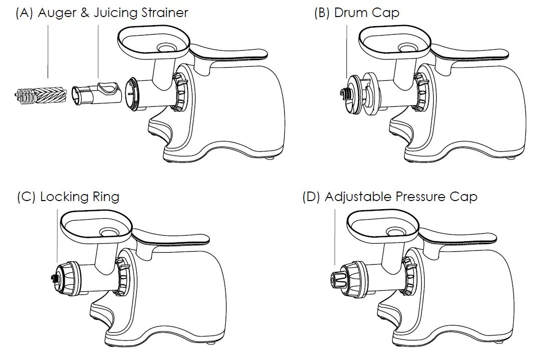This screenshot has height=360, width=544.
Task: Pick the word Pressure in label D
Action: click(420, 197)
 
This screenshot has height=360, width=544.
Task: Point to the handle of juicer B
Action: click(476, 53)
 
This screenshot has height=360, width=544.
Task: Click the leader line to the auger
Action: click(48, 50)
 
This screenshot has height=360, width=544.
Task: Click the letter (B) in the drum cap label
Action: click(321, 13)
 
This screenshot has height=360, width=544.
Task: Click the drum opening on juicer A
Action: click(131, 94)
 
